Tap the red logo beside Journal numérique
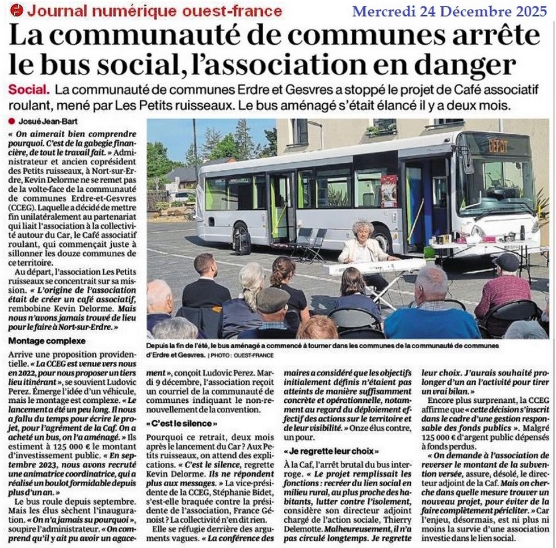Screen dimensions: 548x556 click(17, 10)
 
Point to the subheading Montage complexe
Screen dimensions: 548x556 click(47, 342)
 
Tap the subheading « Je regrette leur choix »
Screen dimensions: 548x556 click(331, 452)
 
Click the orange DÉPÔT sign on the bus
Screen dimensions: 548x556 click(498, 146)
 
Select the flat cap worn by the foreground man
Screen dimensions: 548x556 click(273, 298)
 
